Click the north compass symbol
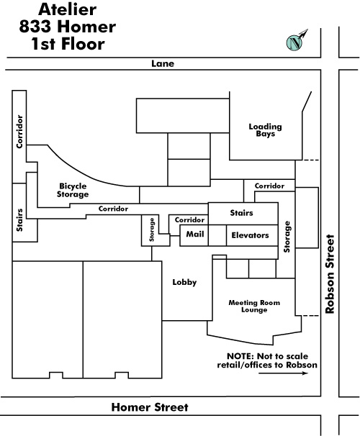[x=297, y=41]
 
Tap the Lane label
[x=163, y=64]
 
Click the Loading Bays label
[x=265, y=130]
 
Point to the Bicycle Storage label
[x=73, y=190]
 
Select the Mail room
[x=194, y=235]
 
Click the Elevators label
[x=250, y=235]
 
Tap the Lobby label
[x=184, y=282]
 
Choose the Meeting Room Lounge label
[x=254, y=306]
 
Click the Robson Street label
[x=330, y=274]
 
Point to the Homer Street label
[x=150, y=407]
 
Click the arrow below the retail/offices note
[x=283, y=373]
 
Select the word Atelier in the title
[x=68, y=9]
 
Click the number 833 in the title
[x=35, y=27]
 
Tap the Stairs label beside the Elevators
[x=241, y=213]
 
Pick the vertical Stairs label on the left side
[x=19, y=220]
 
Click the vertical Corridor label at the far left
[x=19, y=132]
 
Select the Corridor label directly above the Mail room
[x=189, y=220]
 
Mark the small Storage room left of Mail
[x=156, y=230]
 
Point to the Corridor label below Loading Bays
[x=269, y=186]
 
